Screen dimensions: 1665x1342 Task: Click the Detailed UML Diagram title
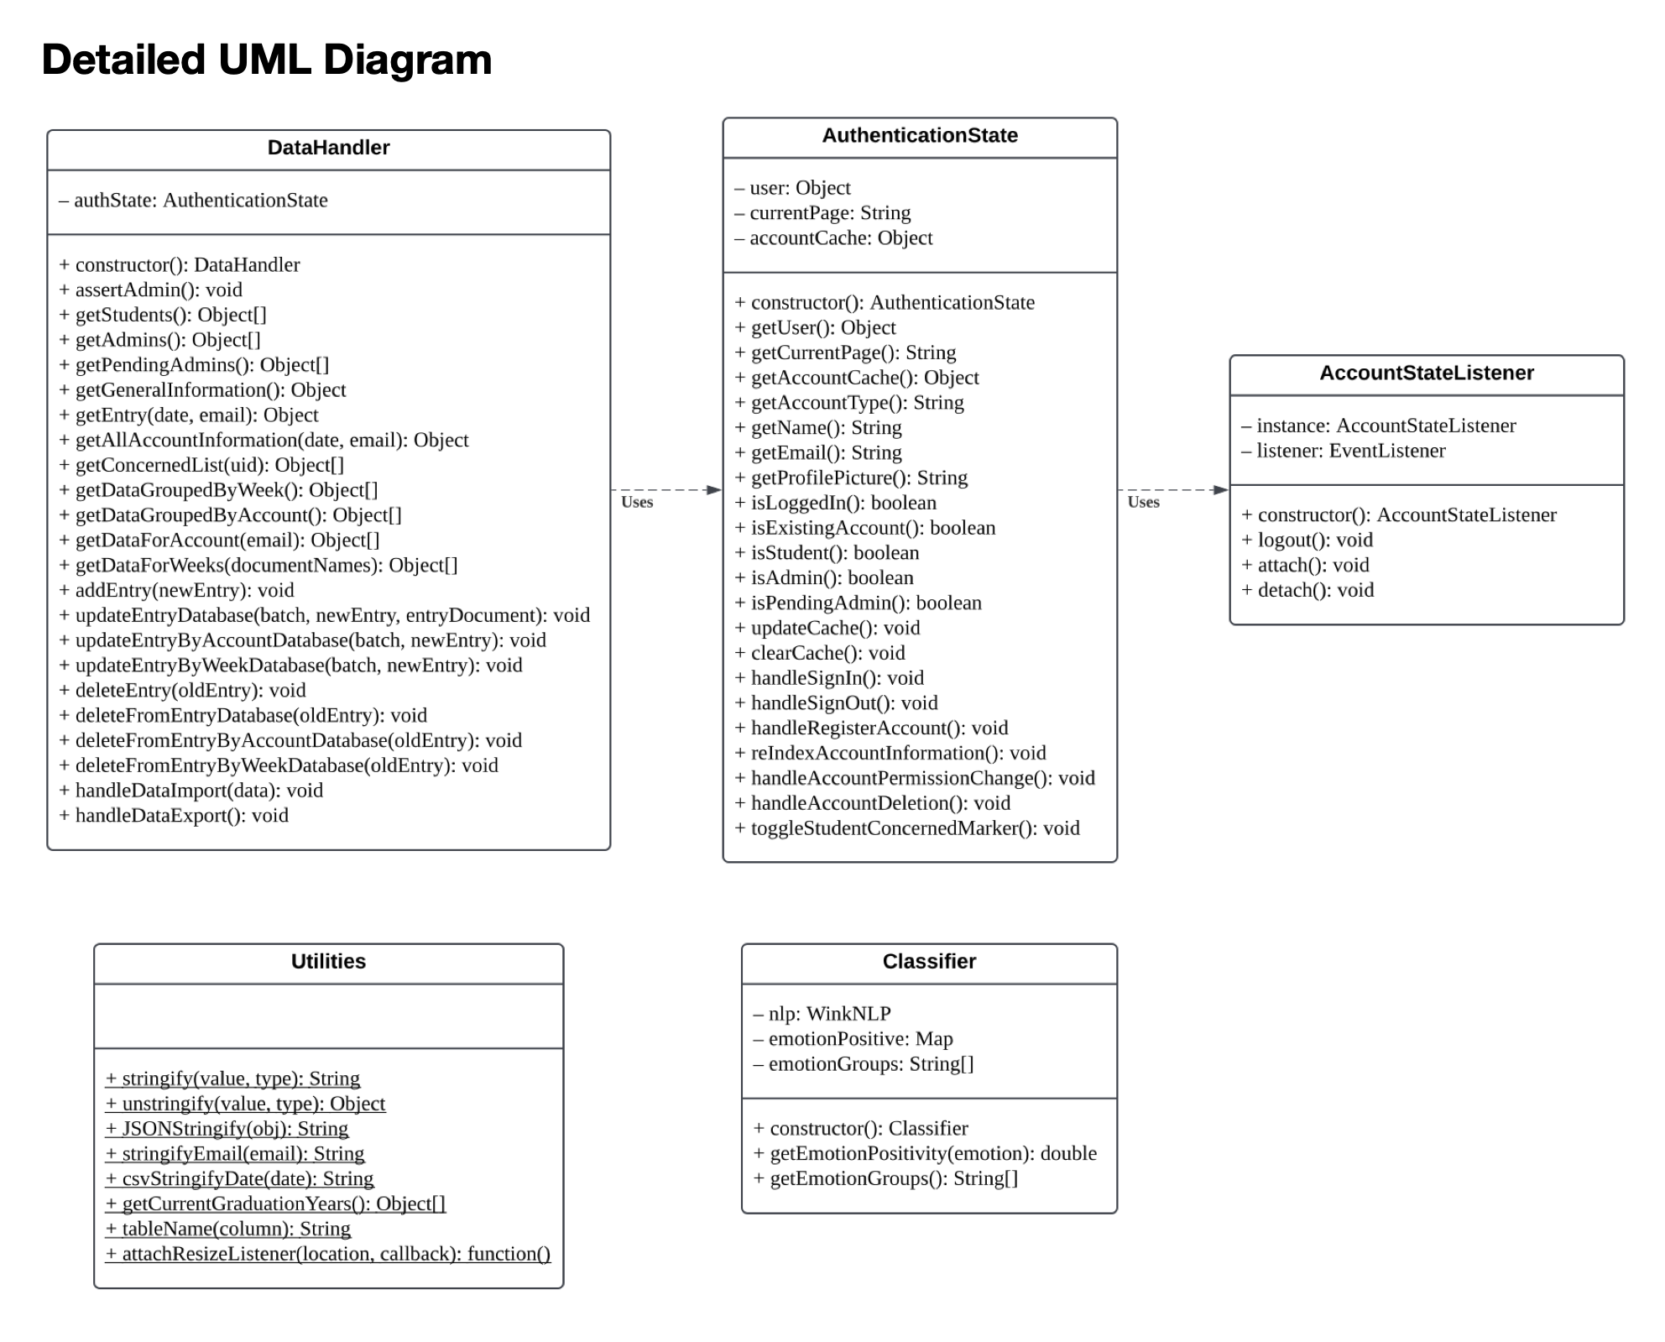pyautogui.click(x=267, y=60)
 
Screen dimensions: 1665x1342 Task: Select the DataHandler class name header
pyautogui.click(x=329, y=148)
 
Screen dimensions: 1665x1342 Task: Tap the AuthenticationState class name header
pyautogui.click(x=920, y=135)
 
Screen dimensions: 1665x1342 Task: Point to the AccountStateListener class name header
pyautogui.click(x=1427, y=373)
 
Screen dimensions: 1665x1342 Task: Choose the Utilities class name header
pyautogui.click(x=329, y=961)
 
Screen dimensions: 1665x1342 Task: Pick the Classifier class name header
pyautogui.click(x=929, y=961)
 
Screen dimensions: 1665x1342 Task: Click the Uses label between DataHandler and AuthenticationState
pyautogui.click(x=637, y=502)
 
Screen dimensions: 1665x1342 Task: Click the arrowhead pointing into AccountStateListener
pyautogui.click(x=1221, y=490)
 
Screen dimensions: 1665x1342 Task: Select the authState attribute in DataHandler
pyautogui.click(x=193, y=200)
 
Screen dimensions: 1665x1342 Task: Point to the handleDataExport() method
pyautogui.click(x=174, y=815)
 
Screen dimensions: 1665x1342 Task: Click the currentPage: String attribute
pyautogui.click(x=822, y=212)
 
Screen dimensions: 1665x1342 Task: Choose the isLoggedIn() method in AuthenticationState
pyautogui.click(x=836, y=503)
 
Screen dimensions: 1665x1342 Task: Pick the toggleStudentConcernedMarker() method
pyautogui.click(x=907, y=828)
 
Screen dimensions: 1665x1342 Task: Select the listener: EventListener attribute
pyautogui.click(x=1344, y=451)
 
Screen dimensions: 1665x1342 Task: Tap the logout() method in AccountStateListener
pyautogui.click(x=1307, y=540)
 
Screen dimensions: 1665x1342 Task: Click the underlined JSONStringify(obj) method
pyautogui.click(x=227, y=1129)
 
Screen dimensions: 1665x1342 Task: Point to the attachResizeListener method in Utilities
pyautogui.click(x=328, y=1254)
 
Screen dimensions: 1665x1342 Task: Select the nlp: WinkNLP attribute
pyautogui.click(x=822, y=1014)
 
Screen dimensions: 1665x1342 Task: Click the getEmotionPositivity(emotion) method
pyautogui.click(x=925, y=1153)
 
